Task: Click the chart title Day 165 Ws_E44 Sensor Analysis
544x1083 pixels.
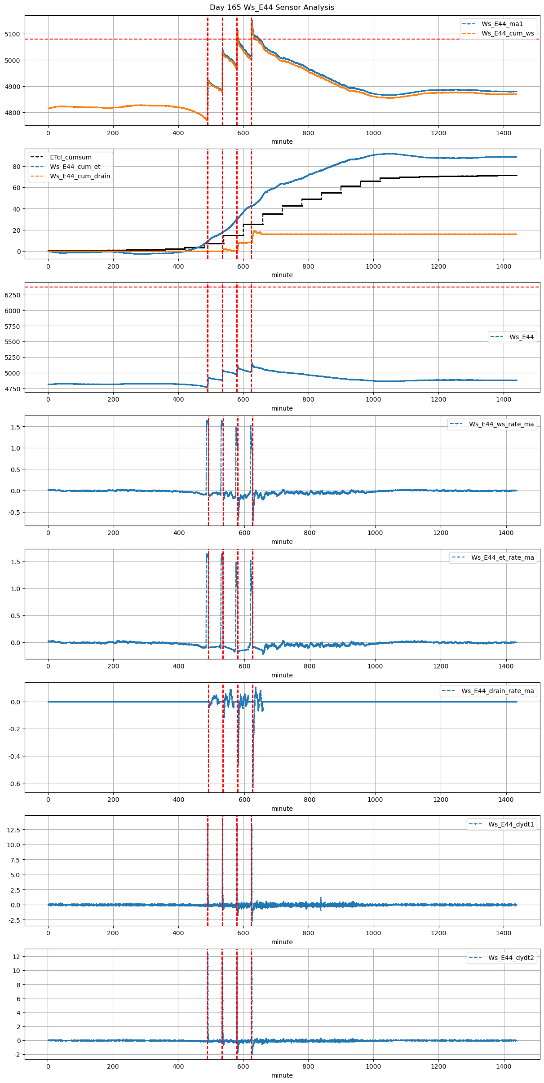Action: (x=272, y=7)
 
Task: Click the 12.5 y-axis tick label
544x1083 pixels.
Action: (x=13, y=830)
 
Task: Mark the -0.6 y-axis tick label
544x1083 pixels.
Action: (x=15, y=784)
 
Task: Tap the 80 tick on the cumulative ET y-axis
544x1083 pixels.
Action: (x=17, y=167)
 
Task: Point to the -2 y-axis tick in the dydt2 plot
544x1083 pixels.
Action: (x=17, y=1054)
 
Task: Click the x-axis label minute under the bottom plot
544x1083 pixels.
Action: (x=282, y=1075)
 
